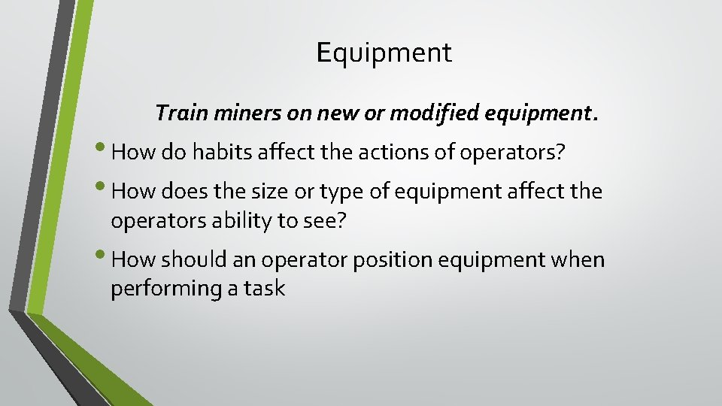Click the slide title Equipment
coord(384,53)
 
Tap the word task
coord(264,289)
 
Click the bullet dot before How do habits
coord(103,150)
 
